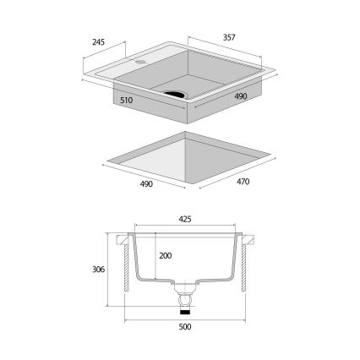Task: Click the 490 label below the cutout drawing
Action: [145, 185]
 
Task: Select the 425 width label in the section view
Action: [185, 219]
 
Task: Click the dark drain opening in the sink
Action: [177, 92]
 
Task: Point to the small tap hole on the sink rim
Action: [139, 63]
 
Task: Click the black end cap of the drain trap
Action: [186, 310]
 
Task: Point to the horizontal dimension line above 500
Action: [185, 319]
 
